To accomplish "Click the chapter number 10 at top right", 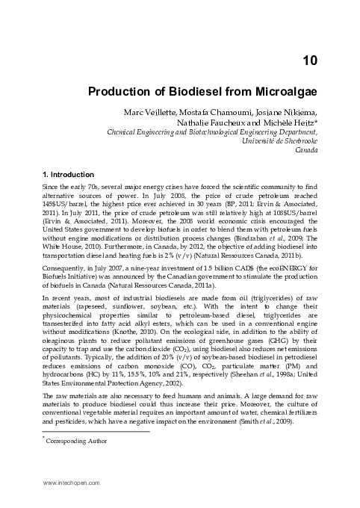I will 310,59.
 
